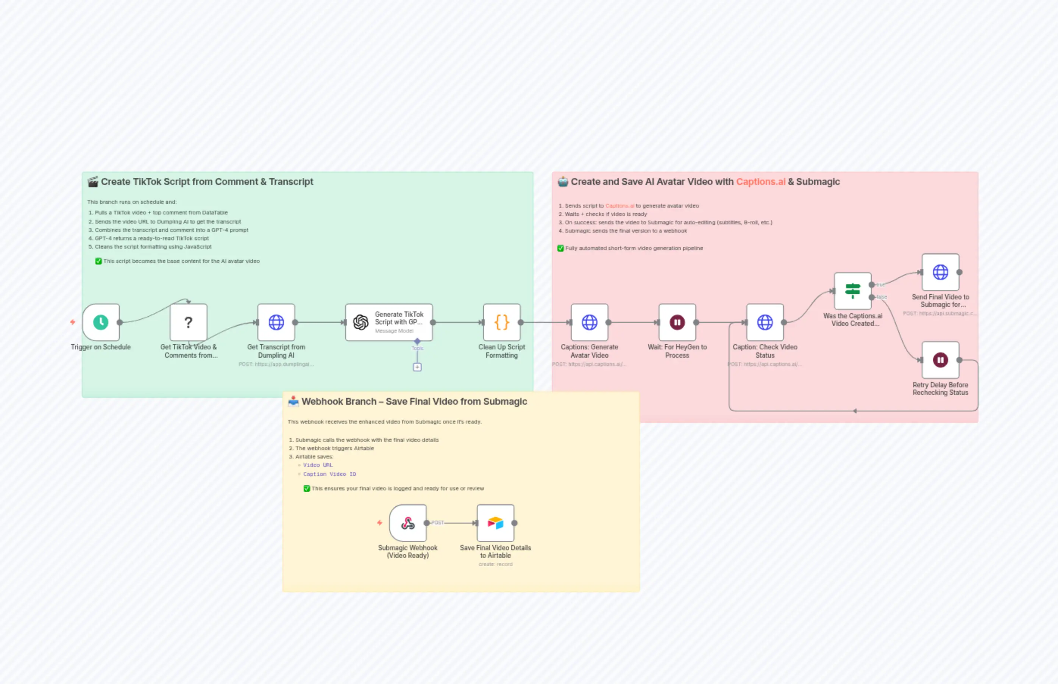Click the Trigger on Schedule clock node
(101, 322)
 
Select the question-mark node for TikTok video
(189, 322)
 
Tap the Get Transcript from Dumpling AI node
(276, 322)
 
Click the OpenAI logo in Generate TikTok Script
(361, 322)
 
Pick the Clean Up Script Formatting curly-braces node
(501, 322)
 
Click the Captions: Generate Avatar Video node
(589, 322)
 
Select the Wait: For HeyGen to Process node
(677, 322)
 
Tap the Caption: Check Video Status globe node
(765, 322)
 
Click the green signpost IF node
(852, 291)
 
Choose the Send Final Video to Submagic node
(940, 272)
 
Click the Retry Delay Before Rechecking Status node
(940, 360)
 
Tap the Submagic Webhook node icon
(408, 523)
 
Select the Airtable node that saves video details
(495, 523)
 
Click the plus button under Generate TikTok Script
(417, 367)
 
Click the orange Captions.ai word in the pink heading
(760, 182)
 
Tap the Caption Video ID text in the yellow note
(329, 474)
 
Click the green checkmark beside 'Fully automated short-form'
(560, 248)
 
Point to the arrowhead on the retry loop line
(854, 411)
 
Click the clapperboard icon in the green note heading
(93, 182)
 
